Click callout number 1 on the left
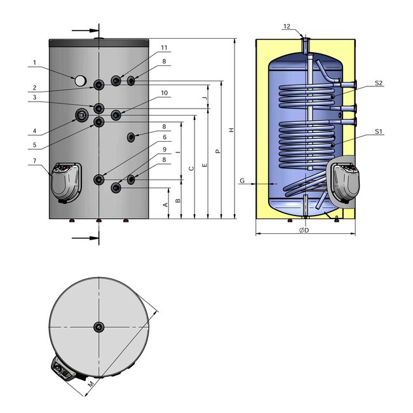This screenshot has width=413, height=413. (36, 62)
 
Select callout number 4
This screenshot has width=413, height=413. (36, 132)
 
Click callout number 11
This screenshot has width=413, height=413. (164, 48)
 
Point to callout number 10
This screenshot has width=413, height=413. (164, 93)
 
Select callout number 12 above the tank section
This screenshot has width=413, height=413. (287, 26)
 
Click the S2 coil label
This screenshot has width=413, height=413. (378, 83)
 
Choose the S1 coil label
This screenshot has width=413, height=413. (378, 132)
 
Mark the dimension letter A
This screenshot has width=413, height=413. (165, 204)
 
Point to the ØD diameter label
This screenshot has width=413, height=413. (304, 230)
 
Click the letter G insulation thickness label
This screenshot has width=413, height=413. (242, 181)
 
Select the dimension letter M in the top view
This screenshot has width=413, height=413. (90, 384)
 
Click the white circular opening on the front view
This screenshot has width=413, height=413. (80, 81)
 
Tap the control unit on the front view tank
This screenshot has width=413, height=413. (66, 181)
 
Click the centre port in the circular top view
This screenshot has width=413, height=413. (99, 327)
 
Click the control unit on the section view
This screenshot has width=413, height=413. (344, 181)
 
